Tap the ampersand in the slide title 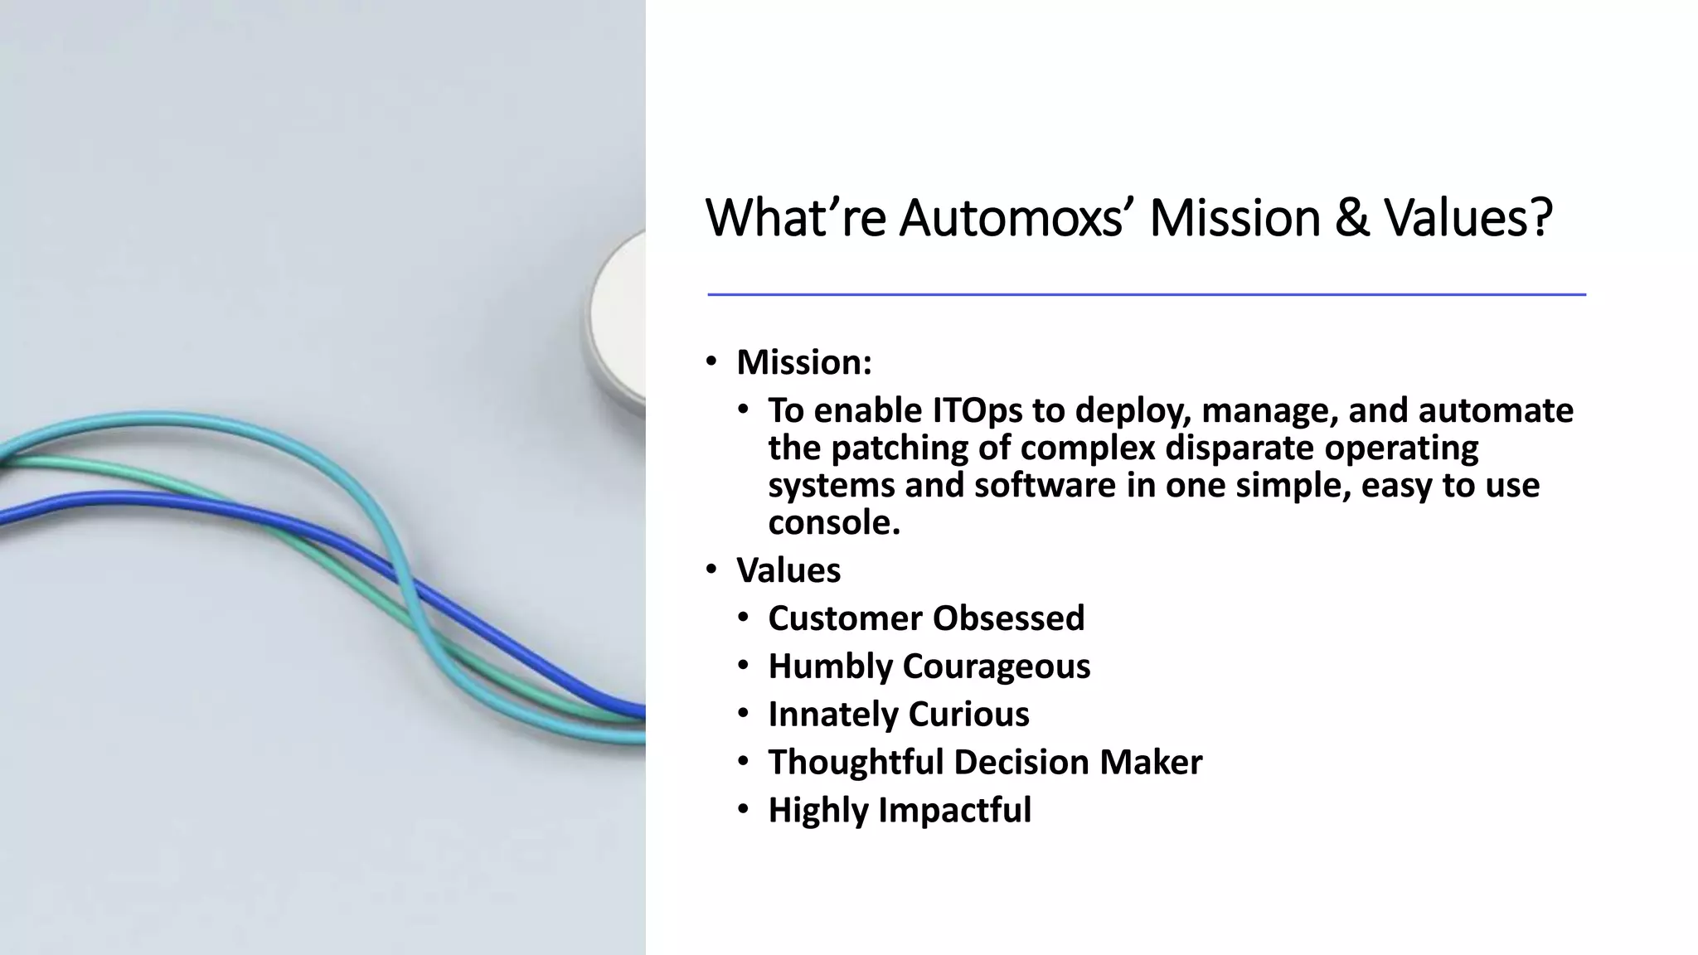pos(1351,218)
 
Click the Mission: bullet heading pos(803,362)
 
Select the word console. pos(833,522)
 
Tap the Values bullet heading pos(788,570)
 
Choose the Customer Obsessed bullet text pos(925,618)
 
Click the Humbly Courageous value pos(929,667)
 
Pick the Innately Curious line pos(898,715)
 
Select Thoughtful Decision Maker pos(984,763)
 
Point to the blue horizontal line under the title pos(1146,294)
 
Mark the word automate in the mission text pos(1496,410)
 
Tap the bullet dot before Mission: pos(711,361)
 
